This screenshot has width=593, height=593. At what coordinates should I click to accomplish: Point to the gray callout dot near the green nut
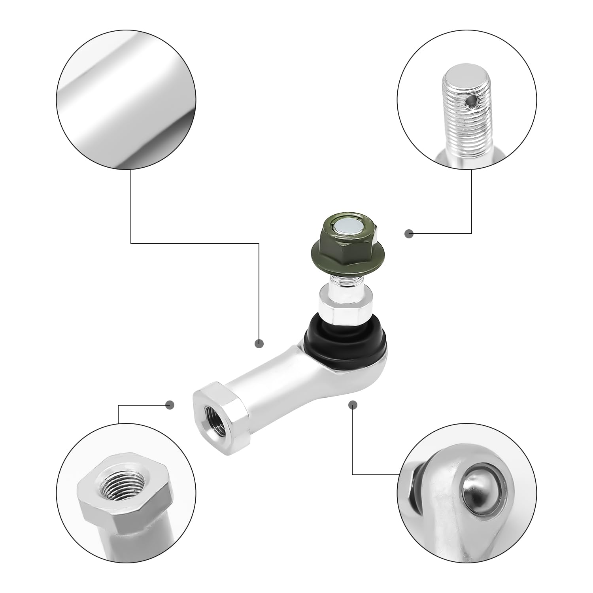click(409, 234)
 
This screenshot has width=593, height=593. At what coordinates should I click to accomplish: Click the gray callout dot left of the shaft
click(259, 343)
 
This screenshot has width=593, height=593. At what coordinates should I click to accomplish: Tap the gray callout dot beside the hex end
click(170, 404)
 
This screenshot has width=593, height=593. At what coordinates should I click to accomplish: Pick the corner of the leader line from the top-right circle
click(472, 234)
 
